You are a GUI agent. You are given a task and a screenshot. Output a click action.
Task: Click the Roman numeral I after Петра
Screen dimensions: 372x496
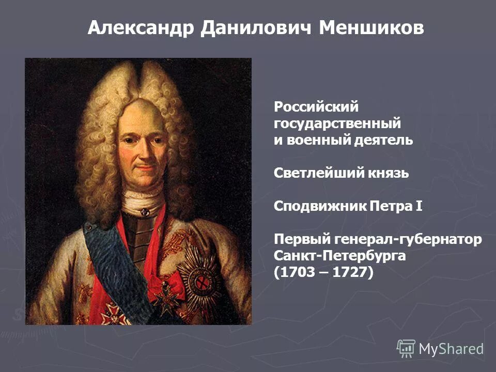[419, 206]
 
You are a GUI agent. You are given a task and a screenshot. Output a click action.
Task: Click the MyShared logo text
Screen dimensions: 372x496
[451, 349]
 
